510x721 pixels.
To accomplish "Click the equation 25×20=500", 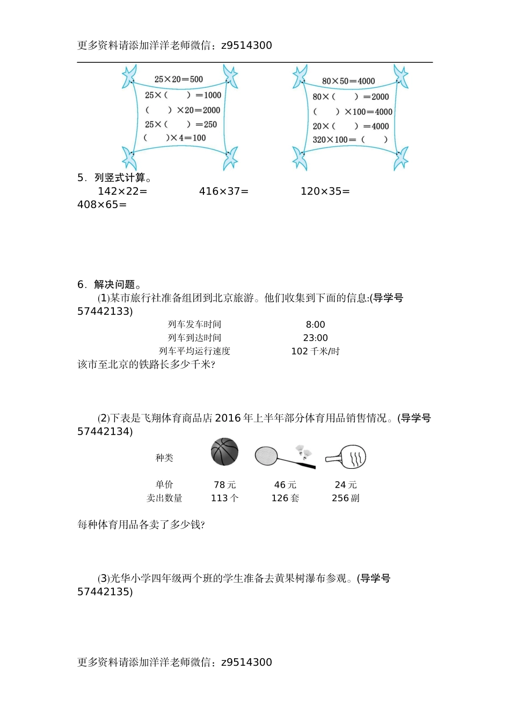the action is coord(178,79).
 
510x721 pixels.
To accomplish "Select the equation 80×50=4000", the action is coord(348,81).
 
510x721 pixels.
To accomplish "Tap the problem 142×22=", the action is coord(122,191).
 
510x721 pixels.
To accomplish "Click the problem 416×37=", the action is coord(224,191).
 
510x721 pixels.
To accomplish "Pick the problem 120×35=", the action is coord(325,191).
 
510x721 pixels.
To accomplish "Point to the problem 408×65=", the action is coord(102,204).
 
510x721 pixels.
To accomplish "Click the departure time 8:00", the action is coord(315,325).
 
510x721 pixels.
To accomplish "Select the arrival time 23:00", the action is coord(315,338).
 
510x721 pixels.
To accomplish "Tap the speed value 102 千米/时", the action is coord(315,351).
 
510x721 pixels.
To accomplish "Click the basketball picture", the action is coord(224,452).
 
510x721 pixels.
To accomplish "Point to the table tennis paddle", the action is coord(346,458).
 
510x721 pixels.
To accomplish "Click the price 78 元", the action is coord(224,485).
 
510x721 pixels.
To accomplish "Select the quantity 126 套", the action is coord(285,498).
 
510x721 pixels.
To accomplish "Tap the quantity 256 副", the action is coord(346,498).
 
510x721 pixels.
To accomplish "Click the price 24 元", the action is coord(346,485).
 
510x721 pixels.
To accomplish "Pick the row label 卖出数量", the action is coord(164,498).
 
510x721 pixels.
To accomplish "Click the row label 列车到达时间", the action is coord(194,338).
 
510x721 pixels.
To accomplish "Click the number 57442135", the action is coord(103,592).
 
